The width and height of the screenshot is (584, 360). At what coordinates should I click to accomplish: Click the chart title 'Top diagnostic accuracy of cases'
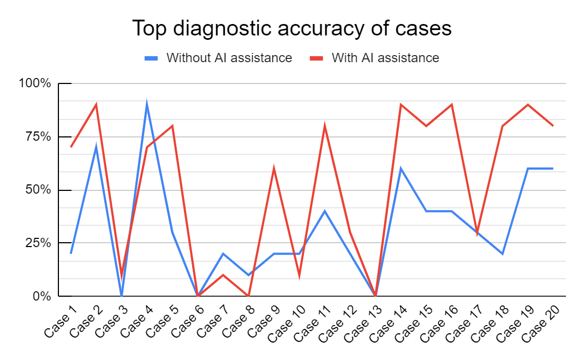[292, 28]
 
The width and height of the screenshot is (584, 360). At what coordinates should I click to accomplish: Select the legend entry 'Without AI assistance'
[229, 58]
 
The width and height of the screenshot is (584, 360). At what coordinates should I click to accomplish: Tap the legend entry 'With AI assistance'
[385, 58]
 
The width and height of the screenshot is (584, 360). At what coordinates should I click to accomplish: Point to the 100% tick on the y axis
[35, 83]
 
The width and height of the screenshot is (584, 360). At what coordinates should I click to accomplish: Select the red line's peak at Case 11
[325, 126]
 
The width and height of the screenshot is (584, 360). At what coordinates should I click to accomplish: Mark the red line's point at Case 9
[274, 169]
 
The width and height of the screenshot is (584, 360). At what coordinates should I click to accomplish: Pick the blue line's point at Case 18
[503, 254]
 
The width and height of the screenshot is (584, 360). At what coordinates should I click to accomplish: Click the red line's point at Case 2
[96, 105]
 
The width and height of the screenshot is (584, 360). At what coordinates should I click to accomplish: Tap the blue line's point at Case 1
[71, 254]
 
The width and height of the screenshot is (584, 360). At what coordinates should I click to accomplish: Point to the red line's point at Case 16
[452, 105]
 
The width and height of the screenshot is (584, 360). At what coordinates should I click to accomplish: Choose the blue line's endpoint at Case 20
[553, 169]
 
